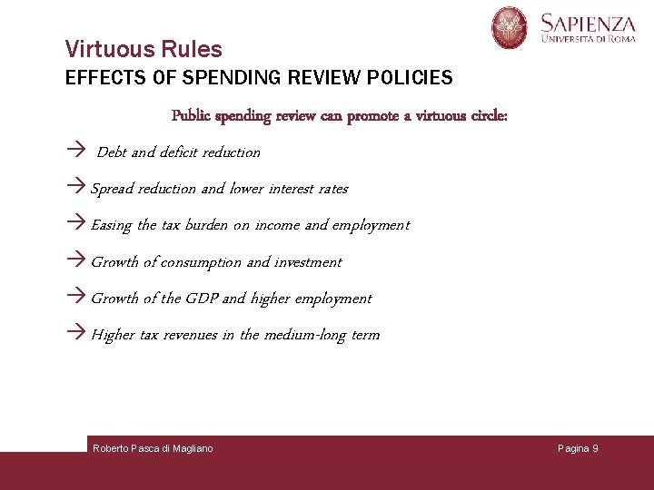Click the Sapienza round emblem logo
[510, 27]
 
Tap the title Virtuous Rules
[144, 49]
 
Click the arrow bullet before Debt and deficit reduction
[77, 152]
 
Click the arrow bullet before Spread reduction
[77, 188]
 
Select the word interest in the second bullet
[288, 189]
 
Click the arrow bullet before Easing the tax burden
[77, 224]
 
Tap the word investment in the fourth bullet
[308, 262]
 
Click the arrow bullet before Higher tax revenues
[77, 334]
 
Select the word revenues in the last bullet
[190, 335]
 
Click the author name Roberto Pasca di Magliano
[153, 448]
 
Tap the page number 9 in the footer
[595, 448]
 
